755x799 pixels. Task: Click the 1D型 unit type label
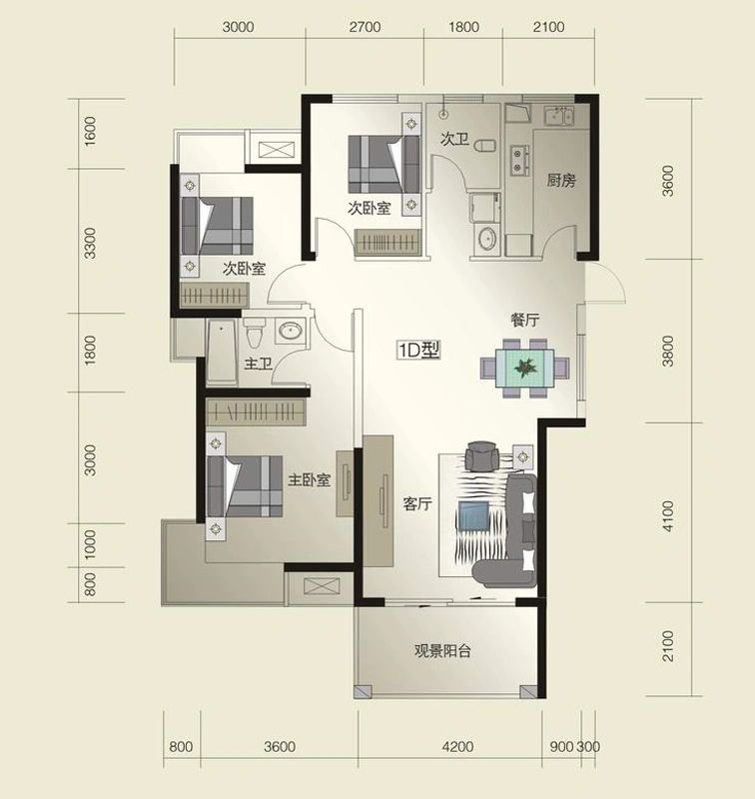point(418,351)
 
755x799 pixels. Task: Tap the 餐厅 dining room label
point(524,320)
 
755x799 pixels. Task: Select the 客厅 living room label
point(417,504)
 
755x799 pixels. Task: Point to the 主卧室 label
point(309,480)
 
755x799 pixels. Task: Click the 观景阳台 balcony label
point(442,651)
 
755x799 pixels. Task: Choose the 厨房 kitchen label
point(561,181)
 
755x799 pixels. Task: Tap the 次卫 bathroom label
point(454,139)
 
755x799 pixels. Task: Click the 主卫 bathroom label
point(258,364)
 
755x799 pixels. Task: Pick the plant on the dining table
point(525,367)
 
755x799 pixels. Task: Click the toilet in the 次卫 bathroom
point(484,146)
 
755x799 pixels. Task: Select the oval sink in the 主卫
point(291,332)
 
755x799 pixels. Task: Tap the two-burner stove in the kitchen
point(519,160)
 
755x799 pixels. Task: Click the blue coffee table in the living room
point(473,515)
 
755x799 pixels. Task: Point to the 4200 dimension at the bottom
point(457,747)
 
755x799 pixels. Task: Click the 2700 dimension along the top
point(365,27)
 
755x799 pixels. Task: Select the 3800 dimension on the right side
point(667,351)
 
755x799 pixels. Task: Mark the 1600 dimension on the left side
point(90,132)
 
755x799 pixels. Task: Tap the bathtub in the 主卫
point(222,353)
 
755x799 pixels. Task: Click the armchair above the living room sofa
point(482,456)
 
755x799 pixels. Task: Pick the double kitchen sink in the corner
point(559,116)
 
